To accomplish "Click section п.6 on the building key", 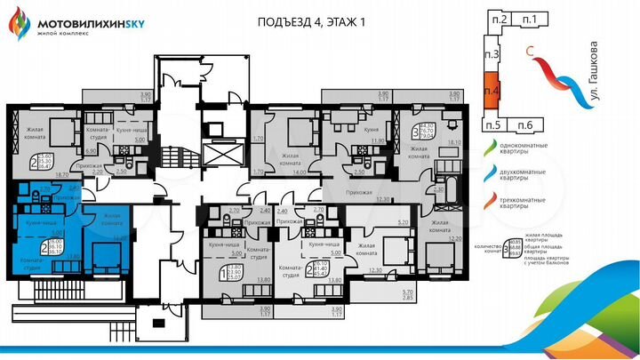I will pos(525,124).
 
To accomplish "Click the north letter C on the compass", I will pos(530,52).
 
